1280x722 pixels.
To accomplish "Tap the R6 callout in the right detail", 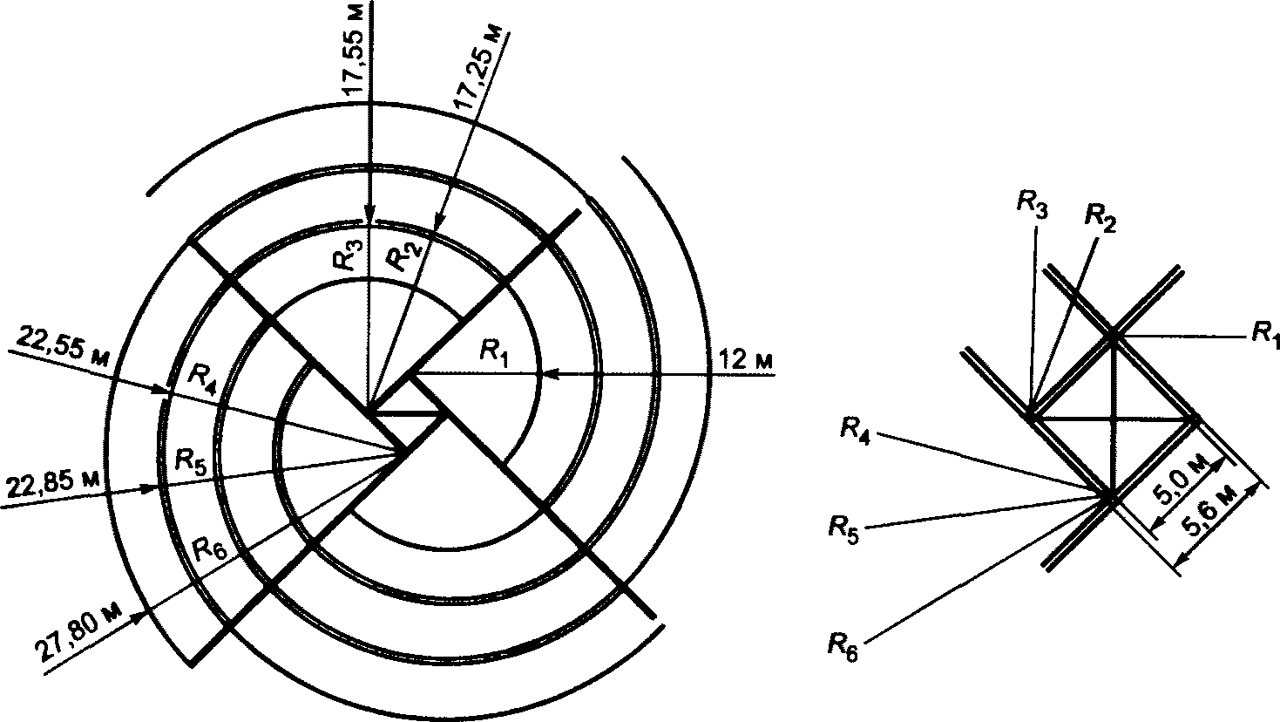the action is pyautogui.click(x=841, y=648).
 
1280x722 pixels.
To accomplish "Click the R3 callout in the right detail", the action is pyautogui.click(x=1032, y=206).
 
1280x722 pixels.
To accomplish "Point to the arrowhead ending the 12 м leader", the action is pyautogui.click(x=546, y=374).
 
